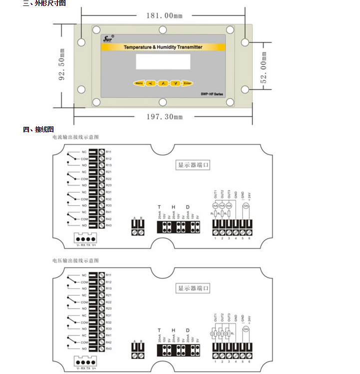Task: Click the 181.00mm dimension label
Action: (x=164, y=15)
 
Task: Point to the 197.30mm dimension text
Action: (x=164, y=116)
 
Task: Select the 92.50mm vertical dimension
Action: (x=62, y=64)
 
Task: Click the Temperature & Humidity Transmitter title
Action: (x=163, y=47)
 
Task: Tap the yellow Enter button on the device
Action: (x=187, y=83)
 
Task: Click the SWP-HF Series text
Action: (x=213, y=94)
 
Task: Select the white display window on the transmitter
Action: (x=163, y=61)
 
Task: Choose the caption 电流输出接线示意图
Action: (x=75, y=137)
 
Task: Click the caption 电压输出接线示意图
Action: (x=75, y=261)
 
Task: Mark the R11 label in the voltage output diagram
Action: (x=108, y=275)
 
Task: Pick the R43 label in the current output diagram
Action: (x=108, y=225)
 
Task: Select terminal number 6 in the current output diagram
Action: (x=249, y=238)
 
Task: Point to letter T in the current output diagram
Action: (x=159, y=207)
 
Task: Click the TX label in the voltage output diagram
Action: (x=88, y=368)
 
